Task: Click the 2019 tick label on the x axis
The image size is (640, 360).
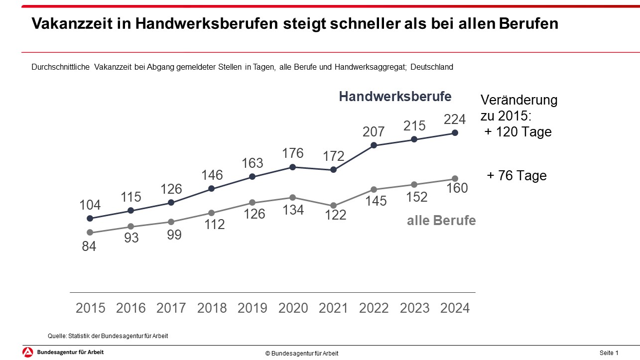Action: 253,308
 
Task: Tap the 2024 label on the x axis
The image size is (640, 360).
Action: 455,308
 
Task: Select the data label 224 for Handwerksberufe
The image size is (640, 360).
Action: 455,120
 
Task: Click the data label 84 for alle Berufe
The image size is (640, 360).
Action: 89,246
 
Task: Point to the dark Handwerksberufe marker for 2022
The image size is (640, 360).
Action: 374,145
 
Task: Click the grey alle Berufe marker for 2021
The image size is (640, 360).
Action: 334,206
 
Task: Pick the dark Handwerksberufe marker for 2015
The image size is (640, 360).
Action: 90,218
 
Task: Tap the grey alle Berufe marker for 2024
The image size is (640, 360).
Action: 455,179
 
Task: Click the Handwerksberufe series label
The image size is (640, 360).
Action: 395,97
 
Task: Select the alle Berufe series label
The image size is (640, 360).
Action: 441,221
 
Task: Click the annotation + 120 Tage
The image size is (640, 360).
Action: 518,132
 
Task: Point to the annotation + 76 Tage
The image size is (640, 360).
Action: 516,176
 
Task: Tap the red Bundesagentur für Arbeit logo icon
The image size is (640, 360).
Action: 28,353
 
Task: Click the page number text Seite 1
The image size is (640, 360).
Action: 609,353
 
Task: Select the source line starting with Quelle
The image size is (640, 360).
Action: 108,336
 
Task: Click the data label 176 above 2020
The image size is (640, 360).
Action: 293,153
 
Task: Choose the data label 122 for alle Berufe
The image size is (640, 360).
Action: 334,216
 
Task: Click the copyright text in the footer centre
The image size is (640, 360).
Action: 302,354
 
